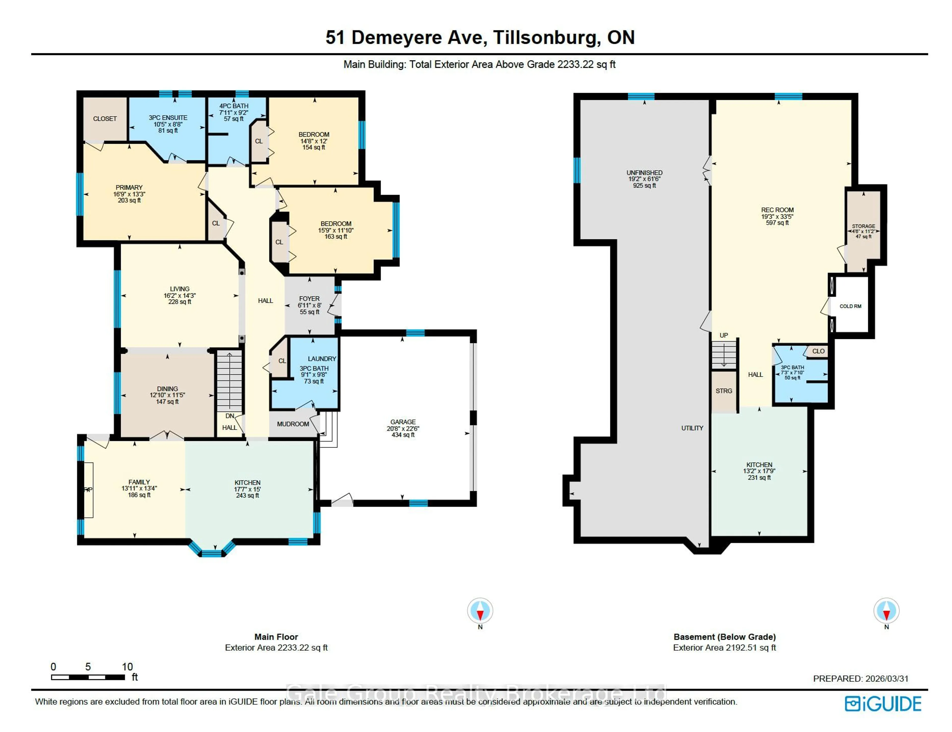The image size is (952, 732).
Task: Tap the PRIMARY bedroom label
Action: click(129, 187)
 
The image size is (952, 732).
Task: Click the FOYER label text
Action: click(309, 299)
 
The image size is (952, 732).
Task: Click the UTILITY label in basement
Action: click(692, 428)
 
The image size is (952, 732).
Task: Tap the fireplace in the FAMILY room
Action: click(89, 490)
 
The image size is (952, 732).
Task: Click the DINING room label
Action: click(167, 389)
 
